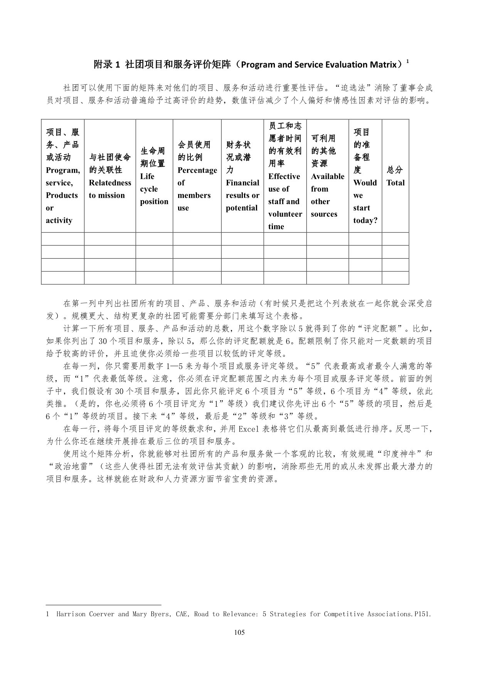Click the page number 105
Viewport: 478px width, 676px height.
coord(239,632)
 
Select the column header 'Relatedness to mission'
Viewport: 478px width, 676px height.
coord(110,176)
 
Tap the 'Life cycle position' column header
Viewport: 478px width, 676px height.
coord(154,176)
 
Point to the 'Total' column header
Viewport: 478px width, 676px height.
coord(396,176)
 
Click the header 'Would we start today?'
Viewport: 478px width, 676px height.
coord(365,176)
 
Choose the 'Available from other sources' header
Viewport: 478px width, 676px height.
coord(327,176)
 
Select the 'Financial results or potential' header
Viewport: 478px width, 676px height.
coord(242,176)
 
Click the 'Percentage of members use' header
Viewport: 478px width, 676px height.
coord(197,176)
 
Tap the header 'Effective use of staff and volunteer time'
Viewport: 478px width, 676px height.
coord(285,176)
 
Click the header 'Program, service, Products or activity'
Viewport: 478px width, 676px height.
coord(63,176)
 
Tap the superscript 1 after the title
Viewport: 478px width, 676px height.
coord(408,61)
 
